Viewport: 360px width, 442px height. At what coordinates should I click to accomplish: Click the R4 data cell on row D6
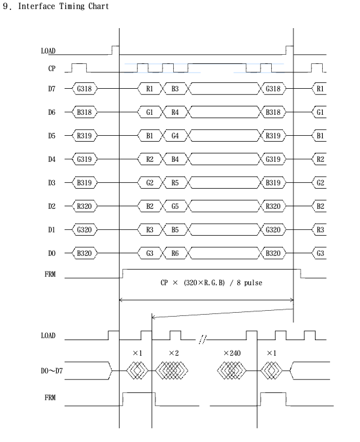[175, 112]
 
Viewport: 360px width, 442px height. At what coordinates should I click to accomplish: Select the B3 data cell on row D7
[175, 89]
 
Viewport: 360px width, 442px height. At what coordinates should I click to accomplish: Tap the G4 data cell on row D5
[175, 136]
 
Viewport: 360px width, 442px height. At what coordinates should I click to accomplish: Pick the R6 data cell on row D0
[175, 253]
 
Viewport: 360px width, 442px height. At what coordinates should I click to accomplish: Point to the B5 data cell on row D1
[175, 230]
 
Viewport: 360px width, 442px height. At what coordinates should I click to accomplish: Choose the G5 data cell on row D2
[175, 206]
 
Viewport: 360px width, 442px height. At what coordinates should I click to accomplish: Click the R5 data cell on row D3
[175, 183]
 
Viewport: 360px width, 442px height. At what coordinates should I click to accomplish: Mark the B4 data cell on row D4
[175, 159]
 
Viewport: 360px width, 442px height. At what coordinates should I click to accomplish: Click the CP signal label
[52, 69]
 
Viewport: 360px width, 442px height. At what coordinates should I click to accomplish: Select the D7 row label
[52, 89]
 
